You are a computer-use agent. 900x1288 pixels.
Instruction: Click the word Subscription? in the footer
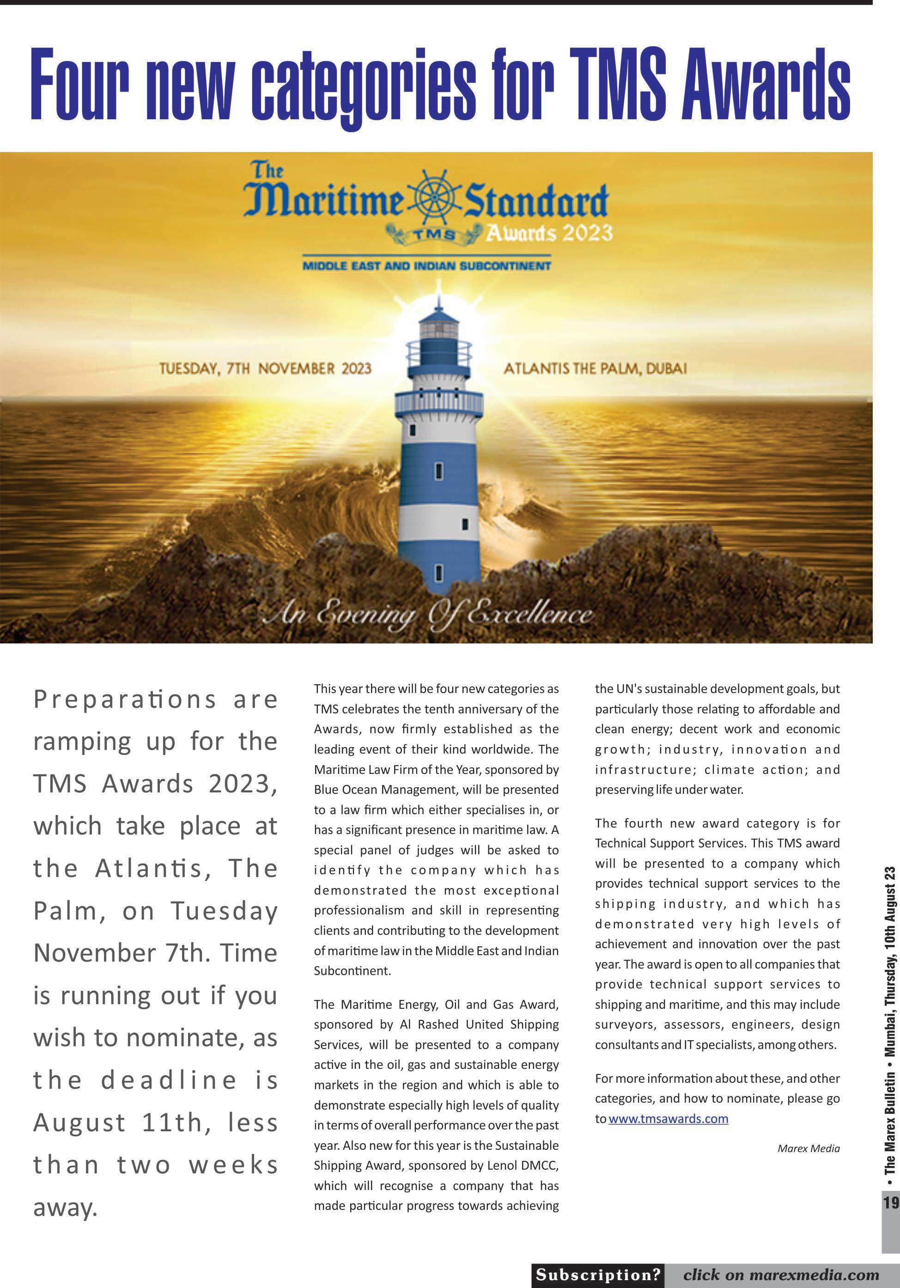pos(598,1274)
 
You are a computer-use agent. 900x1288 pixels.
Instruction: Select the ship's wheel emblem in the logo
pos(432,200)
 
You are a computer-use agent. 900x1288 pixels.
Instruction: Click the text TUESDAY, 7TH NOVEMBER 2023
pos(265,368)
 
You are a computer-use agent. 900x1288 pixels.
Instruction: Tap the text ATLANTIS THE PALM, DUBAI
pos(595,368)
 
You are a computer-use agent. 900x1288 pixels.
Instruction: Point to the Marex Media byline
pos(808,1148)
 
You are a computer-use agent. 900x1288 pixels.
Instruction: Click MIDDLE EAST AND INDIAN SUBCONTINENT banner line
pos(426,266)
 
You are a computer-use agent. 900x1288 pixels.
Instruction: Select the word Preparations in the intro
pos(124,699)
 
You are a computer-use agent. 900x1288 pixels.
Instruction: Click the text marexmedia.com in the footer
pos(814,1274)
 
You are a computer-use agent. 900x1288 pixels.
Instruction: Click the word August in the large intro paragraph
pos(79,1122)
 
